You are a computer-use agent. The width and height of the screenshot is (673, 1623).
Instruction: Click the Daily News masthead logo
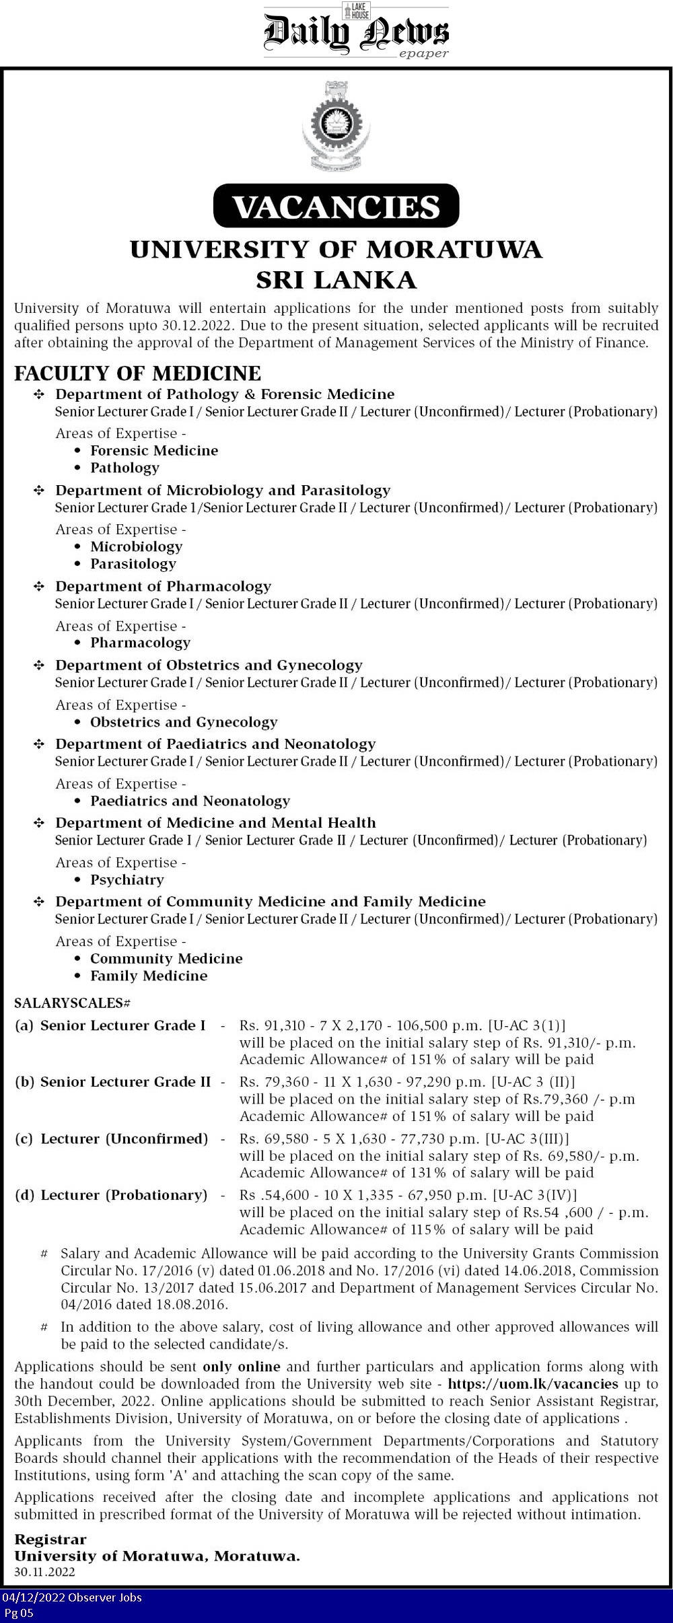pos(355,32)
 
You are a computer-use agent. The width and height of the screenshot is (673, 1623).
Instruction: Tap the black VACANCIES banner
pos(336,206)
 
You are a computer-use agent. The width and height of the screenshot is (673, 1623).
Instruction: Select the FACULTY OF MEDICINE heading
pos(137,373)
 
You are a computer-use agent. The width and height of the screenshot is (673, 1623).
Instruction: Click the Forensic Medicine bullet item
pos(154,450)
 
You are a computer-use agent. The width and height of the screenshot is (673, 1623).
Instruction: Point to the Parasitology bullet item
pos(133,564)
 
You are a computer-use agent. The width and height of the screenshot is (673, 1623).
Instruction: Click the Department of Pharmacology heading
pos(163,586)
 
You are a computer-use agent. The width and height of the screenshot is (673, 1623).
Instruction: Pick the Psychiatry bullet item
pos(127,879)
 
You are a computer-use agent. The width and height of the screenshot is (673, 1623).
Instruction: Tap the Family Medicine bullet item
pos(149,976)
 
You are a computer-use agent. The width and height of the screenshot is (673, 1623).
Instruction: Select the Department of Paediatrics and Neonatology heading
pos(215,744)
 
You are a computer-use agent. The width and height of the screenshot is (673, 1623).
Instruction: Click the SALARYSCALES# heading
pos(72,1003)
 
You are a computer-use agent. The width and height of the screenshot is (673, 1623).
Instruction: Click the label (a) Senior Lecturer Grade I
pos(110,1025)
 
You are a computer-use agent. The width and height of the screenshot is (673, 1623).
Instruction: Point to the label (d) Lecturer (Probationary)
pos(111,1195)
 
